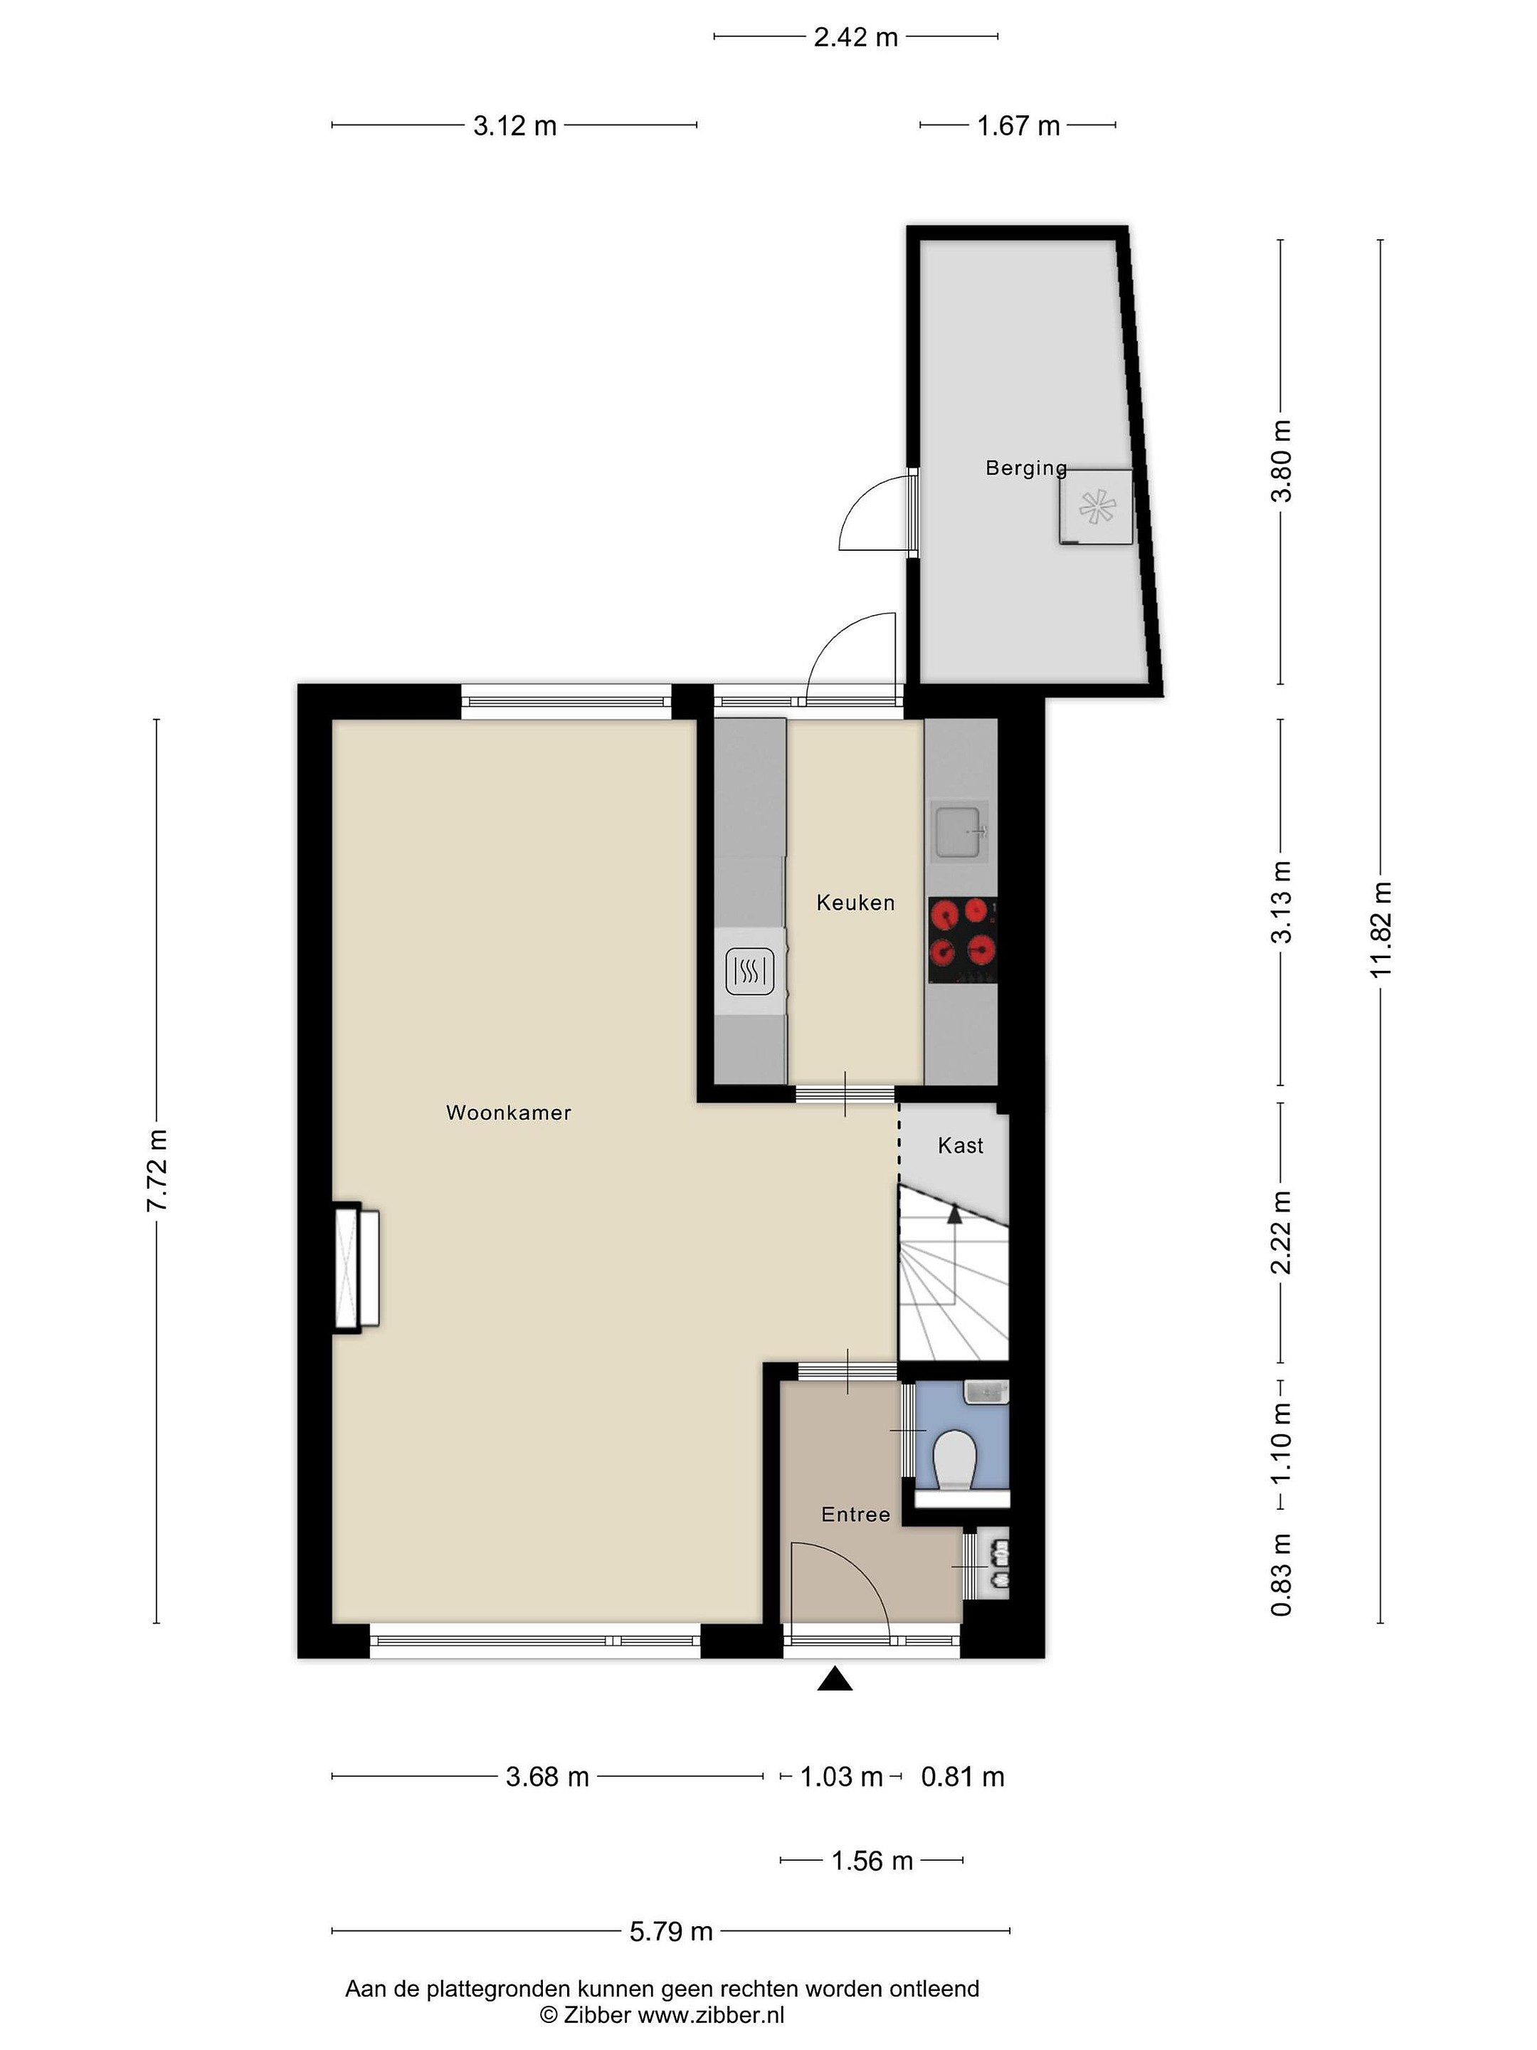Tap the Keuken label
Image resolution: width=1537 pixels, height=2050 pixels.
(855, 903)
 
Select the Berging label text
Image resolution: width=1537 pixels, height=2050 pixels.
(1025, 468)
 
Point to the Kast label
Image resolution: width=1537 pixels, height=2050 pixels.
(960, 1145)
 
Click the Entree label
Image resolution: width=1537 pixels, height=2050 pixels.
(855, 1514)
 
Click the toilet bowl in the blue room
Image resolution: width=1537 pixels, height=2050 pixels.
(955, 1461)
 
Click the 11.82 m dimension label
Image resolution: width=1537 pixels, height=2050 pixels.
(1380, 930)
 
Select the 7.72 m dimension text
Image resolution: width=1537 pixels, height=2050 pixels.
(157, 1170)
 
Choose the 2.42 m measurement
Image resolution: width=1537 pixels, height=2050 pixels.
(855, 37)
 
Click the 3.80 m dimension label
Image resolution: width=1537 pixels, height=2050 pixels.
(1280, 461)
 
